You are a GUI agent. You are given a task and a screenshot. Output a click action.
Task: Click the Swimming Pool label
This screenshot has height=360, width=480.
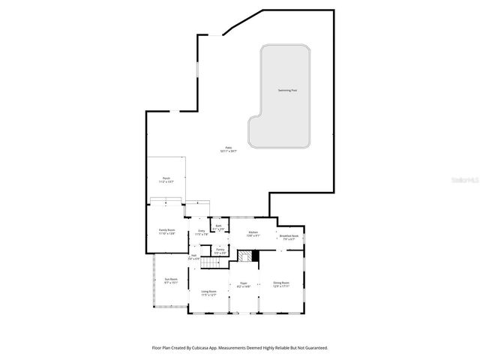point(287,90)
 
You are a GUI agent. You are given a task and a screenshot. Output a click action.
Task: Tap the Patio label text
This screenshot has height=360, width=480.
point(229,148)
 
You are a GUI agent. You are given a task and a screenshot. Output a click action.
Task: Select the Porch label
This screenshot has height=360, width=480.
point(166,178)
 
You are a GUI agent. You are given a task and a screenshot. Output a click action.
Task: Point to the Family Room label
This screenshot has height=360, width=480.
point(166,230)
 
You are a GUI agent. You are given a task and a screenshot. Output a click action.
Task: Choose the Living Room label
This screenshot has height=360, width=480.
point(208,292)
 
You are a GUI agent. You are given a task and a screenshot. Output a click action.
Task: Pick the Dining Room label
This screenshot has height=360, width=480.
point(281,283)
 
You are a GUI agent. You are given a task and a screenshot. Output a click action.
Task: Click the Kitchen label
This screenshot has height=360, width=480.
point(253,233)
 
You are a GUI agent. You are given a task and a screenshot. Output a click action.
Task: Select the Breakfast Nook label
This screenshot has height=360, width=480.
point(290,237)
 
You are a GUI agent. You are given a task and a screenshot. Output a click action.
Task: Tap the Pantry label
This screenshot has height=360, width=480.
point(220,250)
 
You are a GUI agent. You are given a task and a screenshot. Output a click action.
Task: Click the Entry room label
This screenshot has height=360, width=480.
point(201,232)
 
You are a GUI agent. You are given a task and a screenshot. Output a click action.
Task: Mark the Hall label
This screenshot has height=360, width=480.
point(193,256)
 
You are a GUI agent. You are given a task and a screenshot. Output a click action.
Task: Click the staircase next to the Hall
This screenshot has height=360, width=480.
point(208,259)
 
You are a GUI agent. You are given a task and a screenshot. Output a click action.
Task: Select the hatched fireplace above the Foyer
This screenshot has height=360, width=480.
point(244,256)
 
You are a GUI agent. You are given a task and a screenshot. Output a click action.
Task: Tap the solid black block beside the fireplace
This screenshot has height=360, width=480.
point(256,256)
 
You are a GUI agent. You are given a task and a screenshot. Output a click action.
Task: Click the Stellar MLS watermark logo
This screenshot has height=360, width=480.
point(459,180)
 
